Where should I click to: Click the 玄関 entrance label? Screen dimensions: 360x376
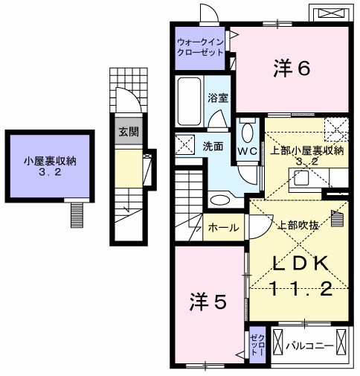pyautogui.click(x=129, y=132)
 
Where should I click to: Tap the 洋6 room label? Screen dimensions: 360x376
pyautogui.click(x=292, y=68)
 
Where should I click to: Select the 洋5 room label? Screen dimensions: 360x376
pyautogui.click(x=208, y=302)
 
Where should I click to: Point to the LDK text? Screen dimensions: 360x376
pyautogui.click(x=301, y=264)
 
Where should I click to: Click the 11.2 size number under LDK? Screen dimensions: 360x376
pyautogui.click(x=301, y=288)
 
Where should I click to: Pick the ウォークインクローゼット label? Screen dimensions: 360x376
pyautogui.click(x=200, y=47)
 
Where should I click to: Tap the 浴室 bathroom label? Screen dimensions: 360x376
pyautogui.click(x=218, y=98)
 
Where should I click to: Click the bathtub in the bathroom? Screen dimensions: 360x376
pyautogui.click(x=190, y=102)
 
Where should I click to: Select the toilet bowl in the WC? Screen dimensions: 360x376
pyautogui.click(x=247, y=133)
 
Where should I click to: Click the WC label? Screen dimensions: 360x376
pyautogui.click(x=248, y=151)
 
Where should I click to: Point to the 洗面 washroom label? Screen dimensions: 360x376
pyautogui.click(x=213, y=147)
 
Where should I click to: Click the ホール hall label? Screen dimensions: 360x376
pyautogui.click(x=223, y=228)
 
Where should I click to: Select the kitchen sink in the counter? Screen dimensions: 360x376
pyautogui.click(x=301, y=178)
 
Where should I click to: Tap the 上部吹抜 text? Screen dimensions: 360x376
pyautogui.click(x=299, y=226)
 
